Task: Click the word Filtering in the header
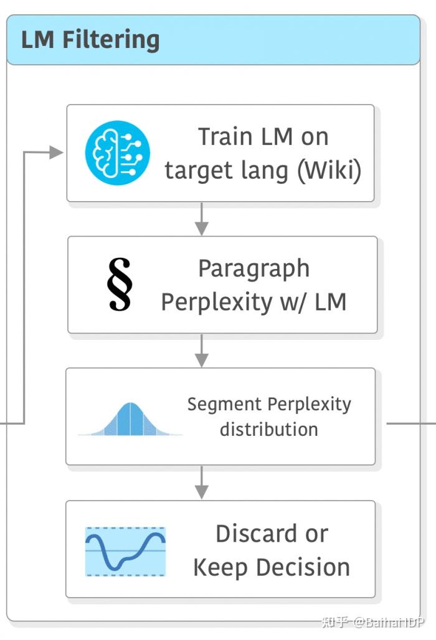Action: [111, 40]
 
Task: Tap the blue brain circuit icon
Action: [118, 153]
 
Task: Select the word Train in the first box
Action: [225, 137]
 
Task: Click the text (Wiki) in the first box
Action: [329, 170]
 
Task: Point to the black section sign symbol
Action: [119, 284]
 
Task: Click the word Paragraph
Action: [254, 268]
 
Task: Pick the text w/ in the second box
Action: [286, 302]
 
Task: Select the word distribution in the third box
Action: [268, 429]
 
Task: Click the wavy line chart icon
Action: [125, 551]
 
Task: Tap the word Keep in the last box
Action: [218, 567]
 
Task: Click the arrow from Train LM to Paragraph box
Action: [201, 219]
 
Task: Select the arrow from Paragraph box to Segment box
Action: [201, 351]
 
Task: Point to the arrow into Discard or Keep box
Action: [201, 482]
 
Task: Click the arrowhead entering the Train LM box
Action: [57, 153]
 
